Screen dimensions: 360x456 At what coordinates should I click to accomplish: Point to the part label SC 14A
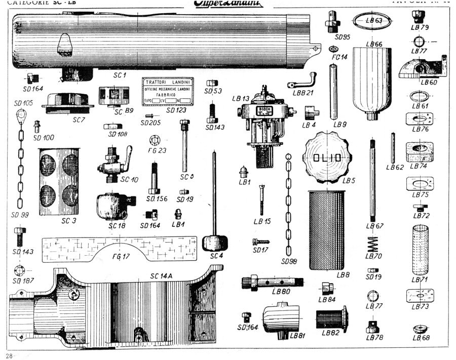click(x=162, y=275)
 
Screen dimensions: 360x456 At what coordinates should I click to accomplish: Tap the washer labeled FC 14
click(x=334, y=49)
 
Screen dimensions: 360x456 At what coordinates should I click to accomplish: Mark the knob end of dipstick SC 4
click(x=213, y=243)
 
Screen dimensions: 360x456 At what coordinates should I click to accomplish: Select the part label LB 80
click(x=280, y=292)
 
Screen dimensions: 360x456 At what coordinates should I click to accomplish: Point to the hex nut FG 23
click(x=155, y=139)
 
